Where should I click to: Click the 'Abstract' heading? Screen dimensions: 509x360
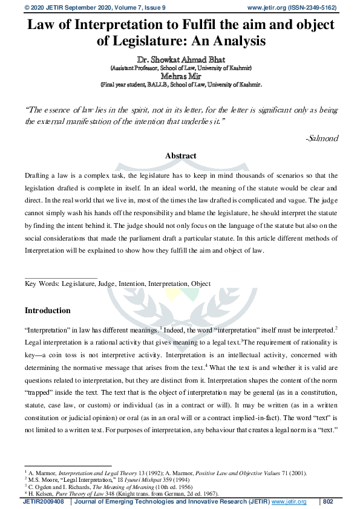[180, 155]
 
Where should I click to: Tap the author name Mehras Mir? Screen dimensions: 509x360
[180, 76]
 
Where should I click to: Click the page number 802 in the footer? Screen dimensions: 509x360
[329, 502]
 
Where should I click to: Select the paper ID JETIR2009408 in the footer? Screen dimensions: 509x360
[46, 502]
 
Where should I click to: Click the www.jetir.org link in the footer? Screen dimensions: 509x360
[289, 502]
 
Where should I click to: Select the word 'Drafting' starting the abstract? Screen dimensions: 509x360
[38, 174]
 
